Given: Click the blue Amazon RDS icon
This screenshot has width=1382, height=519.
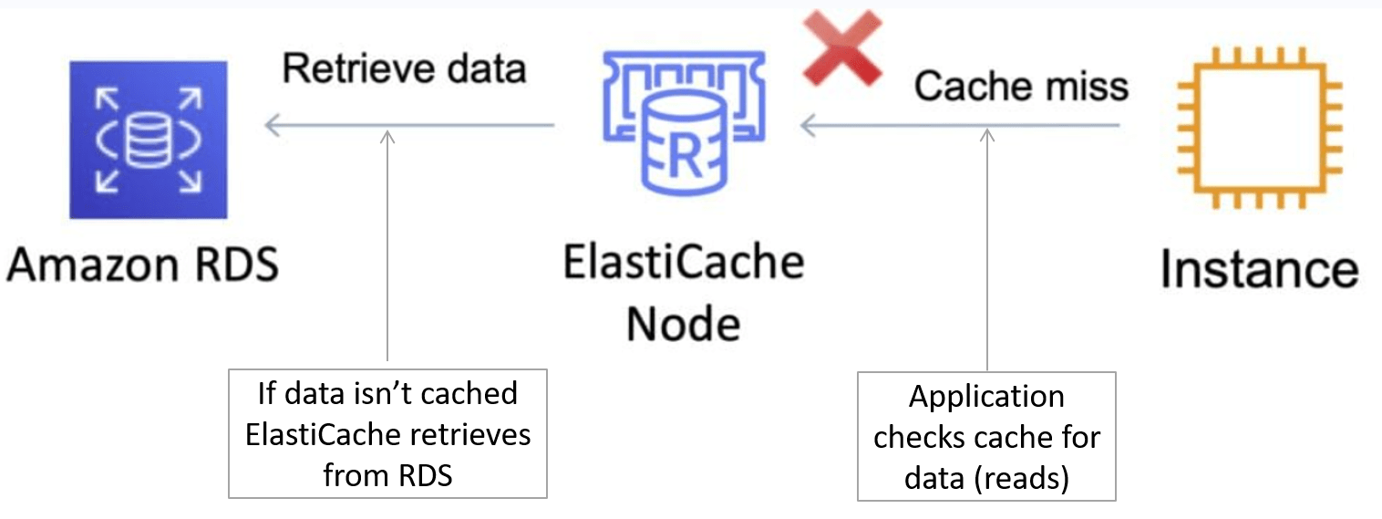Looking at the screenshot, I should [x=148, y=139].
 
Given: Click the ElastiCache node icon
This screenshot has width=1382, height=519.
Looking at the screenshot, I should [x=683, y=123].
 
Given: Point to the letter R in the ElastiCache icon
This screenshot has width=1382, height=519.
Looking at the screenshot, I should [x=684, y=158].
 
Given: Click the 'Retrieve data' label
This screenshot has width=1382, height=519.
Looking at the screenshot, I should [x=404, y=68].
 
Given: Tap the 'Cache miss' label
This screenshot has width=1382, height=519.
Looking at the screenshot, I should [x=1021, y=87].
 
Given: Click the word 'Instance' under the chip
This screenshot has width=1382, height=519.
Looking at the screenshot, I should [x=1259, y=270].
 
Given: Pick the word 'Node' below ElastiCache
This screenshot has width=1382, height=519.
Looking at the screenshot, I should [x=683, y=323].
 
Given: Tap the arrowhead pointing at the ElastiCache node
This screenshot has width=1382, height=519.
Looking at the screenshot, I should [x=806, y=127].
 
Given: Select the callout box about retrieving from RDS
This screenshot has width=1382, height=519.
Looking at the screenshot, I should [x=387, y=433].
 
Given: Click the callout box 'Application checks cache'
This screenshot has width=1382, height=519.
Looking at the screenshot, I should [x=986, y=436].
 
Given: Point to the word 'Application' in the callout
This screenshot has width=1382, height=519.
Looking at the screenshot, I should [x=986, y=398].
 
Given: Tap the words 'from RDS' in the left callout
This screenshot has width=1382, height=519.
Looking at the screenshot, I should [x=387, y=474].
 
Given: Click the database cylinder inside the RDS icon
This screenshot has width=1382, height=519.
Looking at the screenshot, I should [x=148, y=139].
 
